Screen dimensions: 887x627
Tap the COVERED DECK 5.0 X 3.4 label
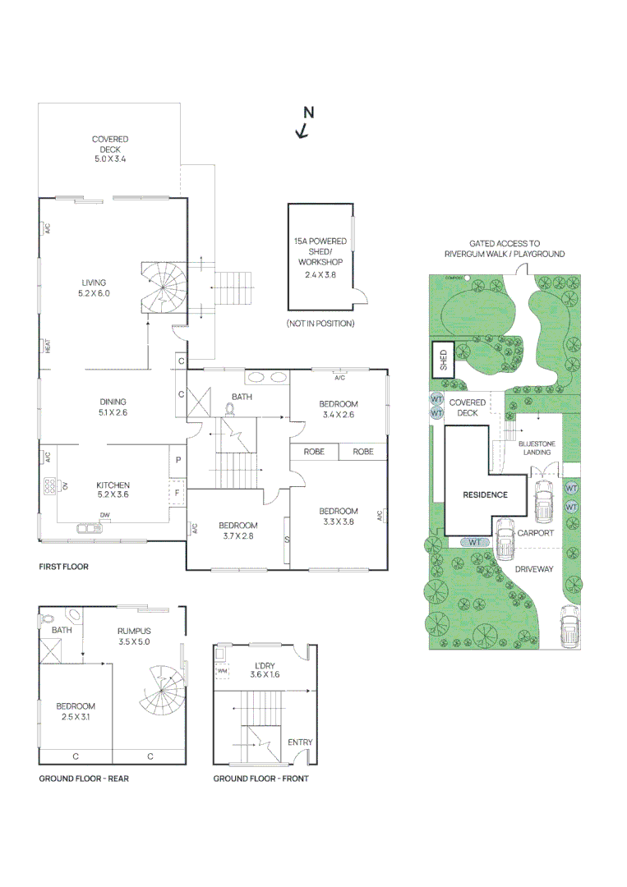[x=110, y=149]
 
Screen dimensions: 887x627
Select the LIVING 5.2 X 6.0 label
[x=94, y=287]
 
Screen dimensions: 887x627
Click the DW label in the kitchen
[x=104, y=515]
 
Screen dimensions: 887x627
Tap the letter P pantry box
[x=177, y=461]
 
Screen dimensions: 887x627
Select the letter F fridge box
[x=177, y=494]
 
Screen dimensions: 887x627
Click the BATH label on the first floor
[x=242, y=397]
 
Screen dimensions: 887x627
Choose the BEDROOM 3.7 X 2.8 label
[x=237, y=531]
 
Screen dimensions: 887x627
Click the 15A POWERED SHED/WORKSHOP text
[x=320, y=252]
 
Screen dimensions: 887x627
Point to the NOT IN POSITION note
[x=320, y=324]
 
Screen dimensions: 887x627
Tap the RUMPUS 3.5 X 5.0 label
[x=133, y=636]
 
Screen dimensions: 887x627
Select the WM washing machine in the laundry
[x=222, y=672]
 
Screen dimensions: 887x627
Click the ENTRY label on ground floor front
[x=300, y=742]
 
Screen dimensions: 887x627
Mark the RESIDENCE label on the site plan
[x=485, y=494]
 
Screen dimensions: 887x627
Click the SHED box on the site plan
[x=444, y=361]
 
